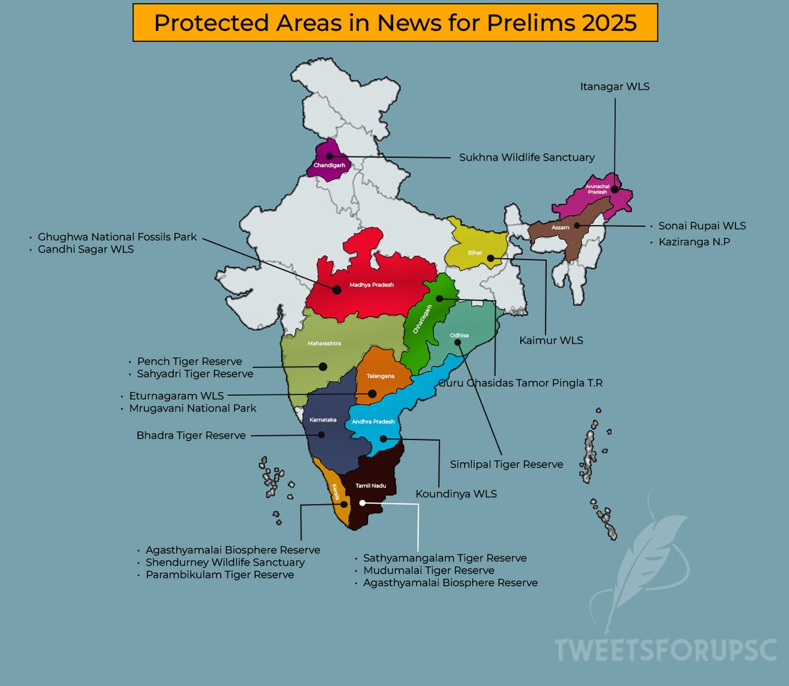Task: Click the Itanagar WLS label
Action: point(614,87)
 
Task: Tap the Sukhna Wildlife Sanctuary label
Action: point(527,157)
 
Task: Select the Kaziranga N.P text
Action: point(694,242)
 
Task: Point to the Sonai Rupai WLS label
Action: point(702,226)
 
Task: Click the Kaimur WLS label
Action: point(551,340)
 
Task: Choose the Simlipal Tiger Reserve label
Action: point(506,464)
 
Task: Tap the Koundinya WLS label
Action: point(456,494)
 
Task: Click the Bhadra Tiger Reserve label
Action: point(191,435)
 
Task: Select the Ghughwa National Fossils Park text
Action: point(117,237)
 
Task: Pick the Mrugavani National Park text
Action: point(193,408)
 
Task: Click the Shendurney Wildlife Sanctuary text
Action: point(225,562)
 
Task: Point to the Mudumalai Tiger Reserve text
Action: point(429,570)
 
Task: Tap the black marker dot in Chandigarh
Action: point(329,157)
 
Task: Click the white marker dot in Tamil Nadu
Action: point(362,503)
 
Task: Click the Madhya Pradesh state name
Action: point(371,285)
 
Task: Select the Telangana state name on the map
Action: point(380,376)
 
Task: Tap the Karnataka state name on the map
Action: point(323,420)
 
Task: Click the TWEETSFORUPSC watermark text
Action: point(666,650)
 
